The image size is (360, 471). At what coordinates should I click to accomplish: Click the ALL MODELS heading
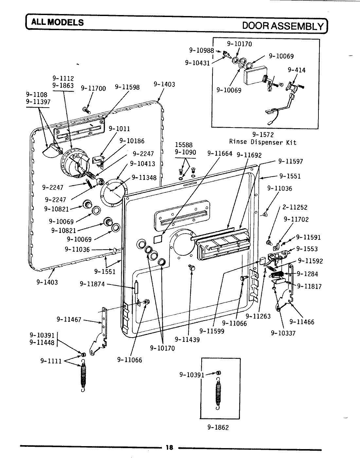coord(58,22)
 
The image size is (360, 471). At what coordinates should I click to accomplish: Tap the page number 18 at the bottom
coord(169,448)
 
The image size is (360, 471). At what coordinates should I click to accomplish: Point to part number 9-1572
coord(263,134)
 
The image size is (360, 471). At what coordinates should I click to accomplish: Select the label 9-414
coord(297,70)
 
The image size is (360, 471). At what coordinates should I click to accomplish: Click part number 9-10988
coord(201,50)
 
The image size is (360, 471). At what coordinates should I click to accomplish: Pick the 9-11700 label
coord(93,88)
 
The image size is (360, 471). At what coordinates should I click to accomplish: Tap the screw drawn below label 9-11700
coord(87,110)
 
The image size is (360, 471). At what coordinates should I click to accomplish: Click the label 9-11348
coord(144,177)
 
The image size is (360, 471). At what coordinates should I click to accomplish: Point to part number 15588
coord(184,145)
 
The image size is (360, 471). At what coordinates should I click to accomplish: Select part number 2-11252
coord(295,207)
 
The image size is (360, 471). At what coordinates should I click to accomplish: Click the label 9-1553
coord(307,249)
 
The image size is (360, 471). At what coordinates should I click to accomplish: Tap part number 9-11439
coord(187,339)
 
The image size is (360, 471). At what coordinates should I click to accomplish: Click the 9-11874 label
coord(93,284)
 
